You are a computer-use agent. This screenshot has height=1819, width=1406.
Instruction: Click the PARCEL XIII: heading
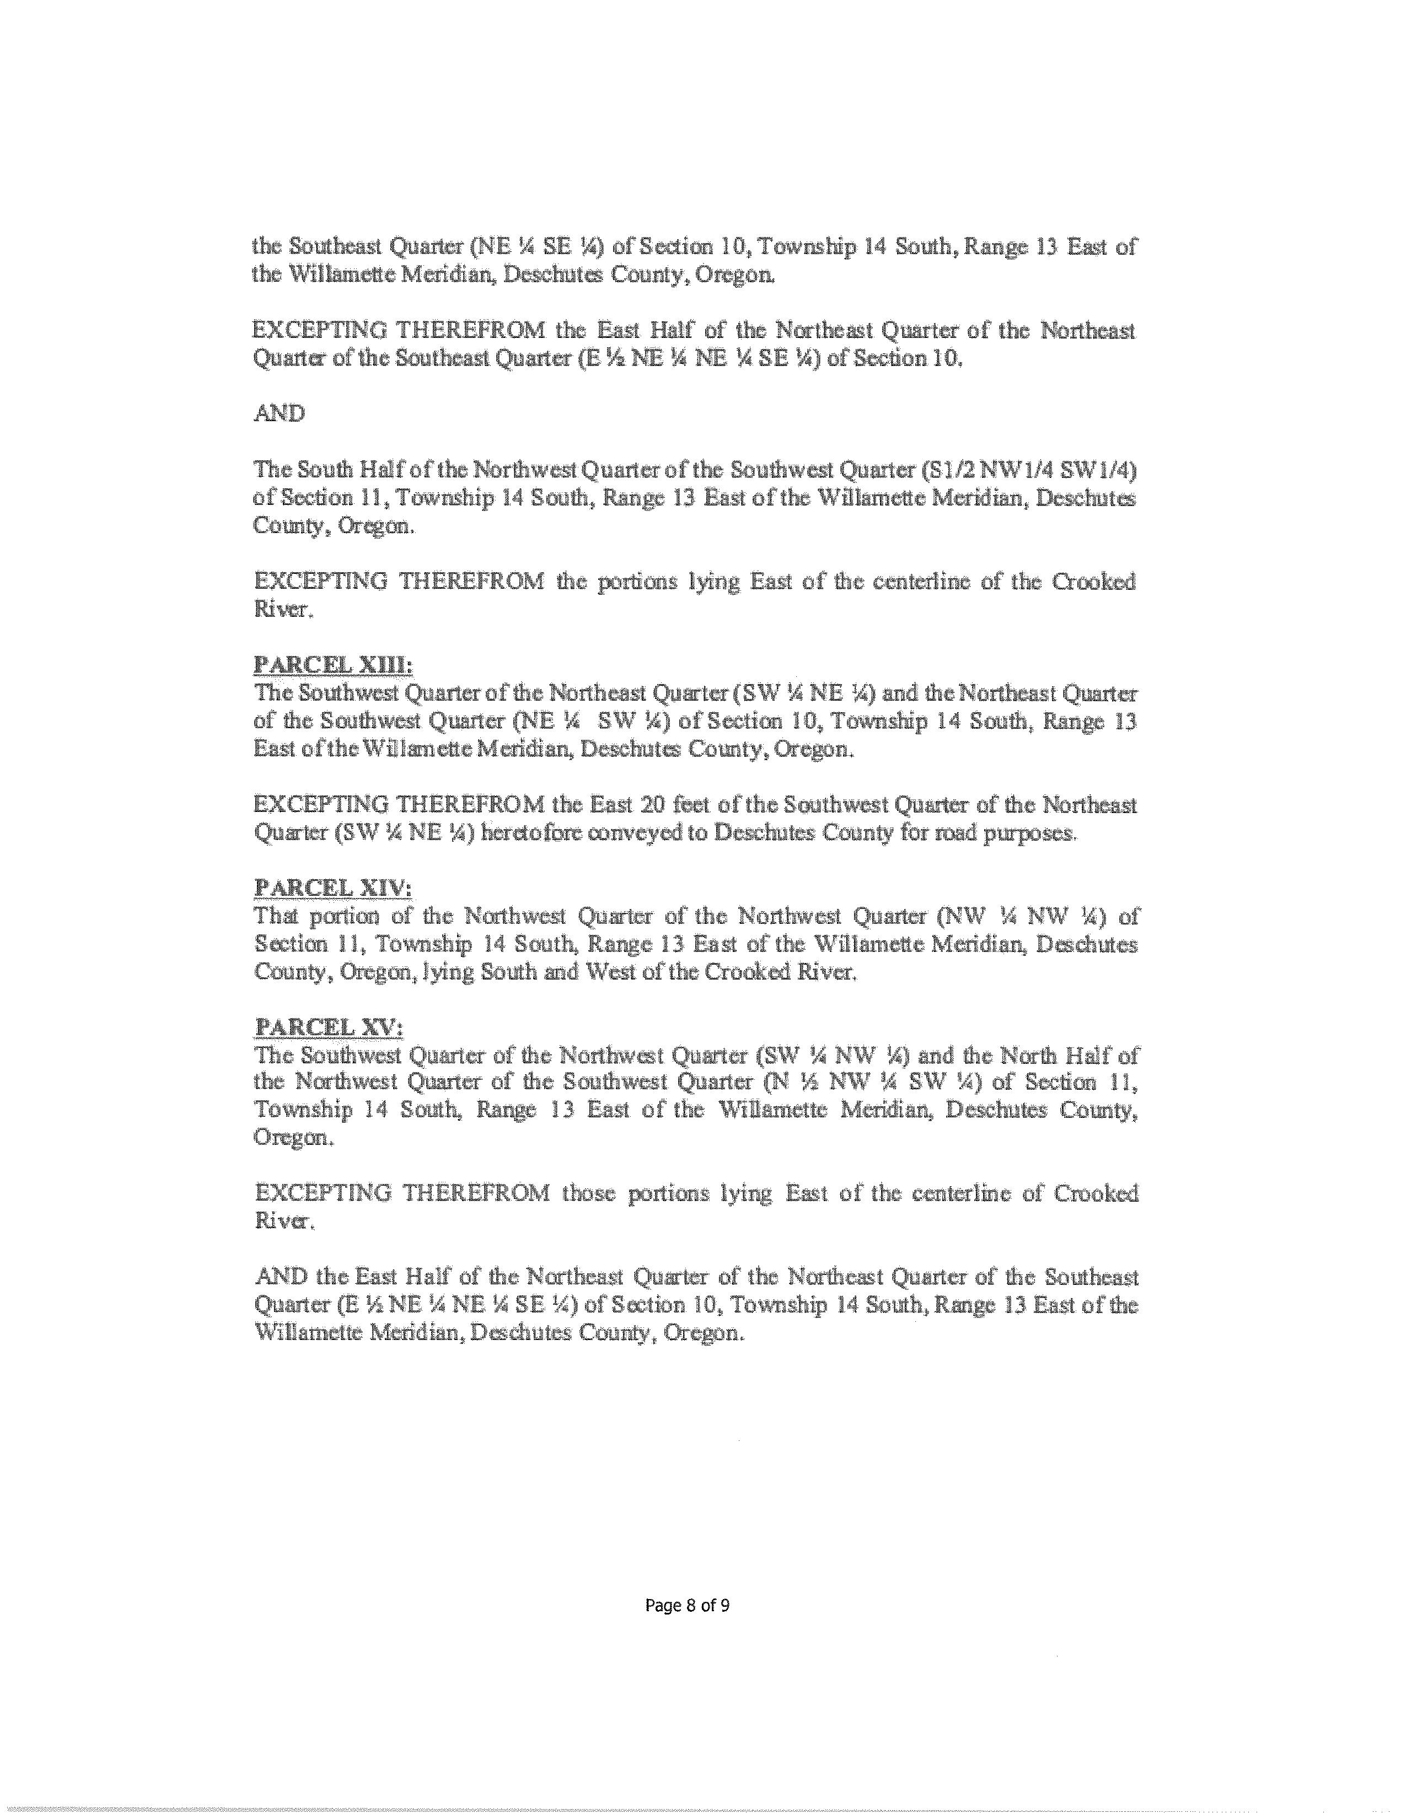[332, 665]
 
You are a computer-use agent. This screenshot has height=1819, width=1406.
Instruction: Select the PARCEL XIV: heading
[332, 888]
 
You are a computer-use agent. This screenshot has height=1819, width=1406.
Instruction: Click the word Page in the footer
[662, 1606]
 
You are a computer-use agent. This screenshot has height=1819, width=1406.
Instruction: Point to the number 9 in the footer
[726, 1606]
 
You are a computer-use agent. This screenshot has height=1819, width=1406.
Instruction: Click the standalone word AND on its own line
[278, 413]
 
